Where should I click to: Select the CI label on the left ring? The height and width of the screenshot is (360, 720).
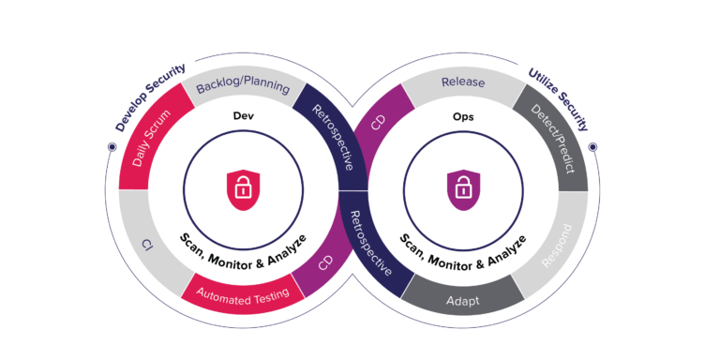(x=147, y=246)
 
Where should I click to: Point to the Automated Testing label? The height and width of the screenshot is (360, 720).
(x=243, y=293)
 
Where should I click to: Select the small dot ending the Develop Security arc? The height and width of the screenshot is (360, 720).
(x=112, y=147)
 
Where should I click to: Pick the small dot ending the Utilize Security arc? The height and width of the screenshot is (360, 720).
(x=592, y=147)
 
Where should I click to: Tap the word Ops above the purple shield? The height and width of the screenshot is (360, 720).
(x=462, y=116)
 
